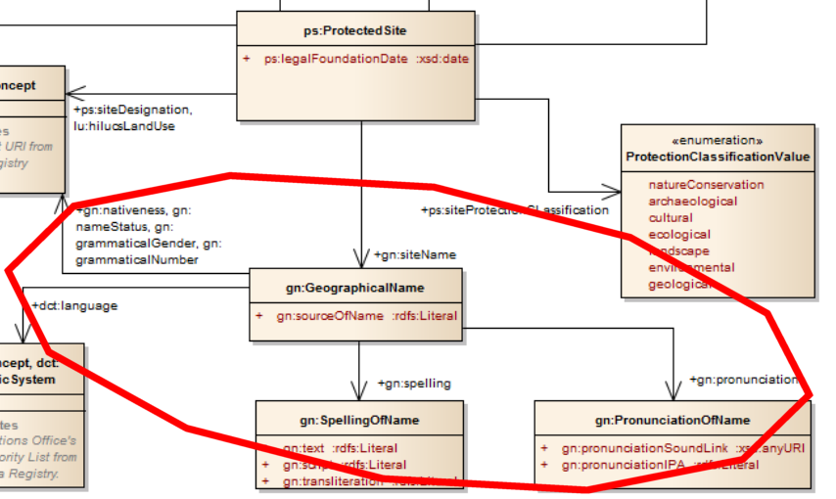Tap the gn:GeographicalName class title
tap(355, 289)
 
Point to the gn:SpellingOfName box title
tap(359, 420)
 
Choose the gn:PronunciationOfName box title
tap(672, 420)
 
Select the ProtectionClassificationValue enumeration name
tap(718, 157)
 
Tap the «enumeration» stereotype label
tap(718, 140)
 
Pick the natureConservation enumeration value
tap(706, 184)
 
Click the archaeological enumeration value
tap(693, 201)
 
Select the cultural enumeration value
tap(670, 217)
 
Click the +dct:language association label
tap(74, 305)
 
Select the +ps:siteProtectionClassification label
tap(514, 209)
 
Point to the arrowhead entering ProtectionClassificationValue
tap(615, 191)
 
